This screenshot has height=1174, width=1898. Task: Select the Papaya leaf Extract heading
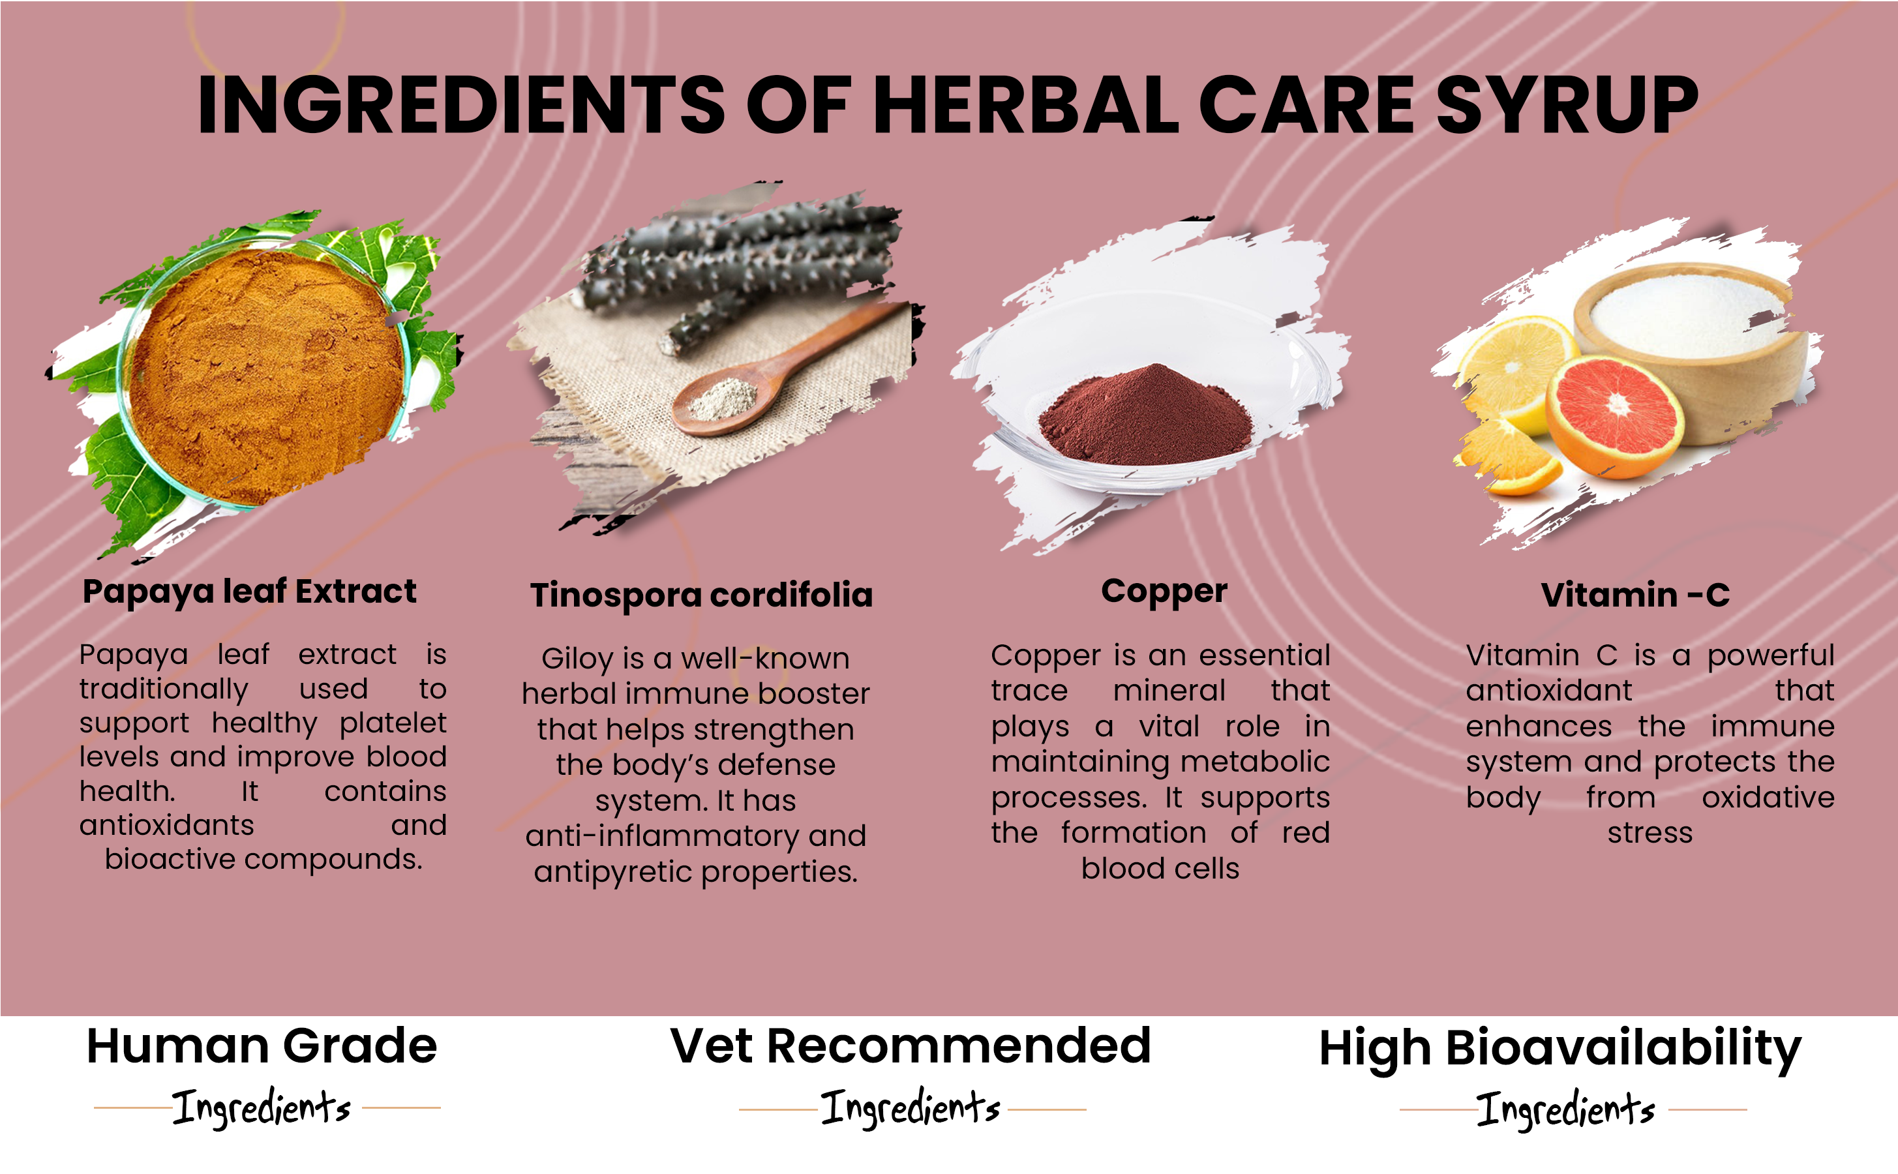coord(249,592)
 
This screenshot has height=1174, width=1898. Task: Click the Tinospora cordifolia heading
coord(701,595)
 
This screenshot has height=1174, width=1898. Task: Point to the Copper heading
coord(1164,592)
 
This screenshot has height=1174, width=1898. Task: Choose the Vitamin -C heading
coord(1635,595)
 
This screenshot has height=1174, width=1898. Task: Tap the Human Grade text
coord(262,1046)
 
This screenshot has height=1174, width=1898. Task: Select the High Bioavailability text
coord(1559,1049)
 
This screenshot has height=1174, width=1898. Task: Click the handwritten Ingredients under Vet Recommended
coord(910,1107)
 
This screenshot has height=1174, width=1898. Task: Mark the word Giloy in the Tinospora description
coord(577,659)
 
